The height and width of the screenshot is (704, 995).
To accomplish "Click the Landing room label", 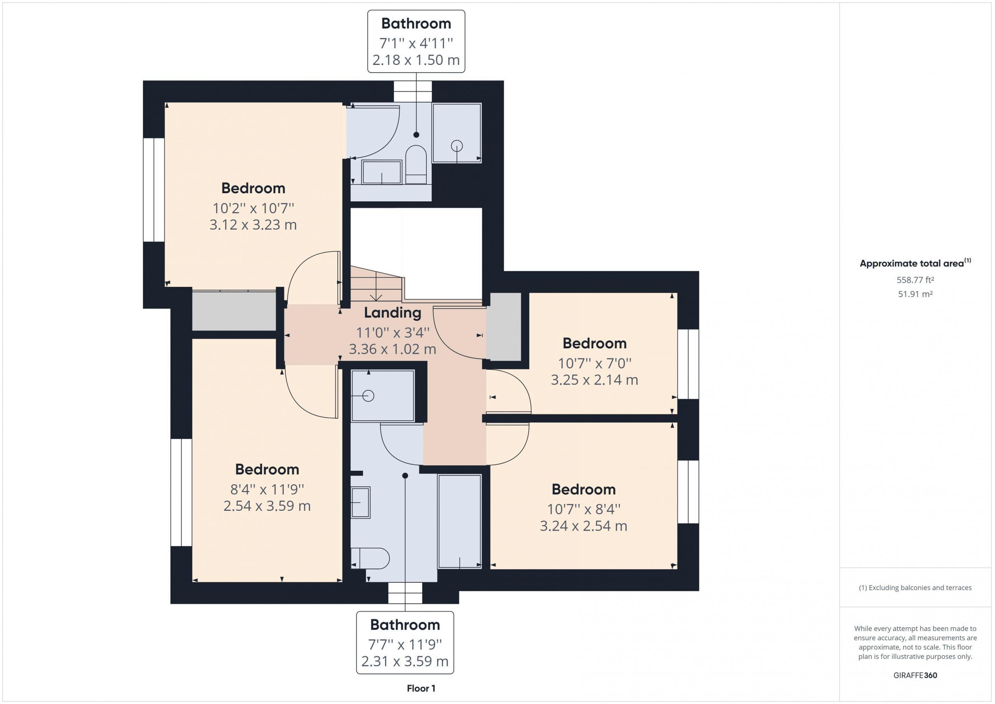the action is click(392, 313).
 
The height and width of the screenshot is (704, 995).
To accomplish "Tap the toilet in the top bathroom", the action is click(416, 165).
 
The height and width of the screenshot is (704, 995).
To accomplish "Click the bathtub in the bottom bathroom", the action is click(459, 521).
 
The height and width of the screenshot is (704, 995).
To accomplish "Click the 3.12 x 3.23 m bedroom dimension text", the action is click(253, 225).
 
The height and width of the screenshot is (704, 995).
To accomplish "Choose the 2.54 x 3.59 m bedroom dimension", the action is click(267, 505).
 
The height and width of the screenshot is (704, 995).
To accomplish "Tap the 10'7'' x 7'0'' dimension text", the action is click(595, 363).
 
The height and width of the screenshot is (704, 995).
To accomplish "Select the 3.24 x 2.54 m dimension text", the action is click(583, 526).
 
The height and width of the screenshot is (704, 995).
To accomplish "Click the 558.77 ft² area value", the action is click(915, 280).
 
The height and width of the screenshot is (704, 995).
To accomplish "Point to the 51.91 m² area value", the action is click(915, 294).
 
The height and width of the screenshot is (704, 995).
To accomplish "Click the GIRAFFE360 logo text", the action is click(915, 675).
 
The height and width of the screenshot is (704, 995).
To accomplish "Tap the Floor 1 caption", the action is click(421, 688).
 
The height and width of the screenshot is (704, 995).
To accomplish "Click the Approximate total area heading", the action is click(915, 263).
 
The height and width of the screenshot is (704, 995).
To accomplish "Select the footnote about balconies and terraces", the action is click(915, 587).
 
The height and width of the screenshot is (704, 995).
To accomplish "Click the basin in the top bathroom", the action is click(382, 172).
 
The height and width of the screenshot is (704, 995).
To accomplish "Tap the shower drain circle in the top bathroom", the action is click(457, 146).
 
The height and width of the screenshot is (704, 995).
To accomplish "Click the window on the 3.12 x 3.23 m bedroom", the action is click(154, 190).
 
